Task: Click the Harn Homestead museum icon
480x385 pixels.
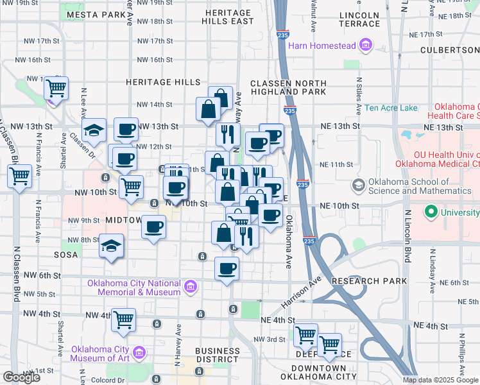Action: pos(366,45)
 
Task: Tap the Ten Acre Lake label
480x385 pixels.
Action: pos(391,108)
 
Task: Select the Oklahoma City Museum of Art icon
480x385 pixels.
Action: pos(139,352)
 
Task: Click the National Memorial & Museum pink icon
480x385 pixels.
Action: pos(190,286)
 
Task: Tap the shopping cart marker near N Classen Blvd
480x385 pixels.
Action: pos(20,175)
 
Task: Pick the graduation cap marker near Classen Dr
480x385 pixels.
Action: pos(94,130)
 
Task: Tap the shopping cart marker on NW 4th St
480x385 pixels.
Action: pos(123,319)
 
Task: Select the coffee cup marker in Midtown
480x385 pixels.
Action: pos(153,227)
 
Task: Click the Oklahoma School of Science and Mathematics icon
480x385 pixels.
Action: pos(358,186)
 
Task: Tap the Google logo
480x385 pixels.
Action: pos(21,377)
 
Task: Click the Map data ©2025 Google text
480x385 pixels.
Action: pos(440,380)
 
